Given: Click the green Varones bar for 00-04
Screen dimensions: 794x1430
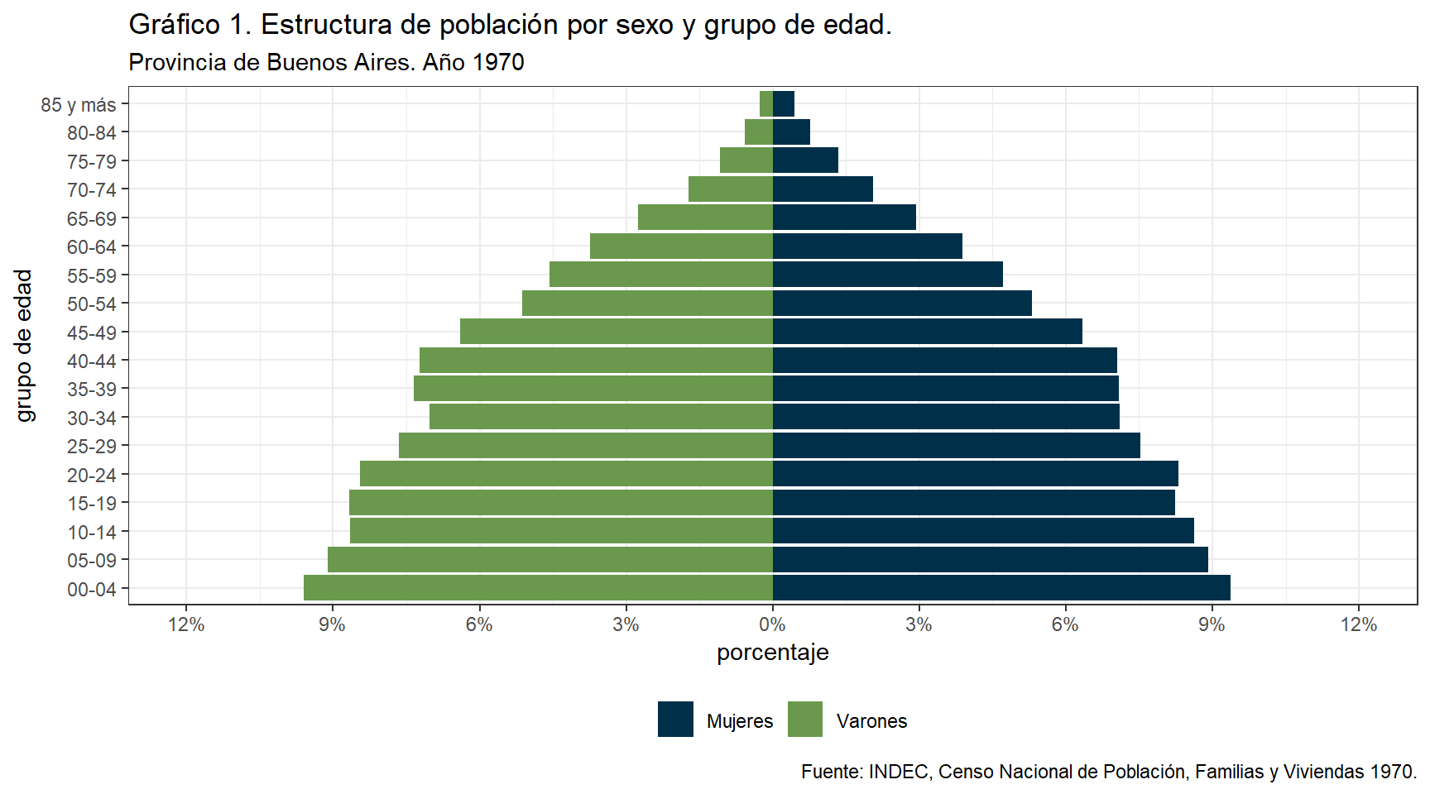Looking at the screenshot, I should click(x=538, y=588).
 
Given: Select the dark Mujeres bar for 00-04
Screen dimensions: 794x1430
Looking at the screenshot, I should click(x=1001, y=588).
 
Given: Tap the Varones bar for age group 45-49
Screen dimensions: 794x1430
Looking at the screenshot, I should click(x=617, y=332).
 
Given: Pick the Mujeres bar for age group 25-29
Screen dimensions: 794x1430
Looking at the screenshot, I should click(x=956, y=446).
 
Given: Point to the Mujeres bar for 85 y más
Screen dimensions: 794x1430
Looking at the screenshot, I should click(x=784, y=104).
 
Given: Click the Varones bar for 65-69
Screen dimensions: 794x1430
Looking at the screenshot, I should click(x=705, y=218).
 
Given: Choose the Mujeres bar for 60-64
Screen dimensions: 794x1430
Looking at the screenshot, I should click(x=867, y=246).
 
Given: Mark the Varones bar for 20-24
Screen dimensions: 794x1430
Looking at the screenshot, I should click(x=566, y=474).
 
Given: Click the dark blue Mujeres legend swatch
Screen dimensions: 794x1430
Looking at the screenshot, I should click(x=675, y=720).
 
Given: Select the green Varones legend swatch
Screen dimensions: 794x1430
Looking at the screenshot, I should click(x=805, y=720).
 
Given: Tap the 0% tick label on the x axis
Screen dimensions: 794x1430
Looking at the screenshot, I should click(x=772, y=625).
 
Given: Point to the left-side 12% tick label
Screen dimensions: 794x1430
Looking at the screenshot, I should click(x=186, y=625).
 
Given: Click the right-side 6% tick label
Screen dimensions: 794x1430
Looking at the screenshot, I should click(x=1065, y=625).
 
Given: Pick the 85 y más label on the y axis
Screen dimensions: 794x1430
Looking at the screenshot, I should click(x=79, y=105).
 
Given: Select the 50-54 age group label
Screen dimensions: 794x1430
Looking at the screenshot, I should click(x=92, y=304).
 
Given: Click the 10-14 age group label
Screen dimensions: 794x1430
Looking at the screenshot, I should click(x=92, y=532).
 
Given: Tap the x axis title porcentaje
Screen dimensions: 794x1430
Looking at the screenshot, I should click(x=772, y=653).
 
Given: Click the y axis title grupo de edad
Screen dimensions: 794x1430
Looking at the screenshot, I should click(x=24, y=345).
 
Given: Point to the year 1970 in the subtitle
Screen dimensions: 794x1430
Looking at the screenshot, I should click(x=498, y=63).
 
